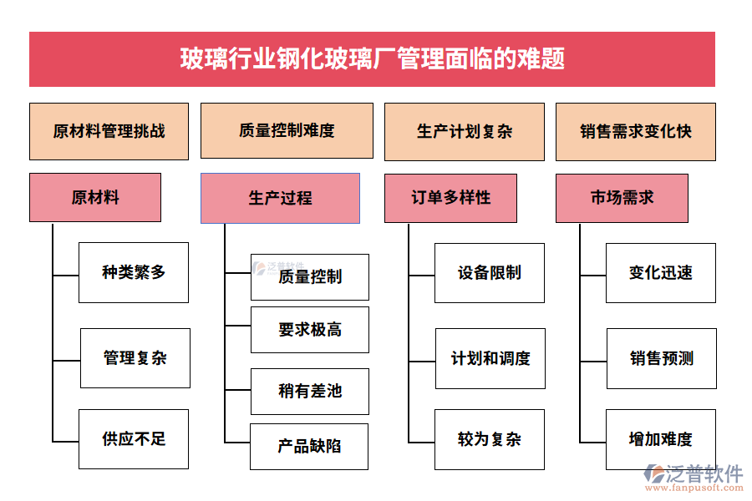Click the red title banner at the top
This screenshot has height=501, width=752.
[372, 59]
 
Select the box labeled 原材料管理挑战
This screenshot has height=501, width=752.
[109, 131]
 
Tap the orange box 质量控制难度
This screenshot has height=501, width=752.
[287, 130]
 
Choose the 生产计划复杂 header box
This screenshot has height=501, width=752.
[464, 131]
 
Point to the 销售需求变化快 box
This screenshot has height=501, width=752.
[635, 131]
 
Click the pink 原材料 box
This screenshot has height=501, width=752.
[94, 198]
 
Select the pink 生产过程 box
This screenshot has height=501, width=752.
[280, 198]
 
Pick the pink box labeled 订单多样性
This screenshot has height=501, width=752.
[450, 198]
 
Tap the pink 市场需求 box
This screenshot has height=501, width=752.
[622, 198]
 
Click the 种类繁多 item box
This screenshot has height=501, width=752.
[134, 272]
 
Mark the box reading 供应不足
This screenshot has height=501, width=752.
[134, 438]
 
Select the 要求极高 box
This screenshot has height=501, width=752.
[310, 330]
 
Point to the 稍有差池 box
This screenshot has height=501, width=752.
[310, 391]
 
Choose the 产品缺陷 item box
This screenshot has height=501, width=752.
[310, 446]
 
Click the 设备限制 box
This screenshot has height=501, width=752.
[489, 273]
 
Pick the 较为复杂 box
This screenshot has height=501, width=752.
[489, 439]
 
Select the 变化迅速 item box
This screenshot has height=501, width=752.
[660, 273]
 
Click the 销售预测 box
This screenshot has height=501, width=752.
[661, 358]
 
